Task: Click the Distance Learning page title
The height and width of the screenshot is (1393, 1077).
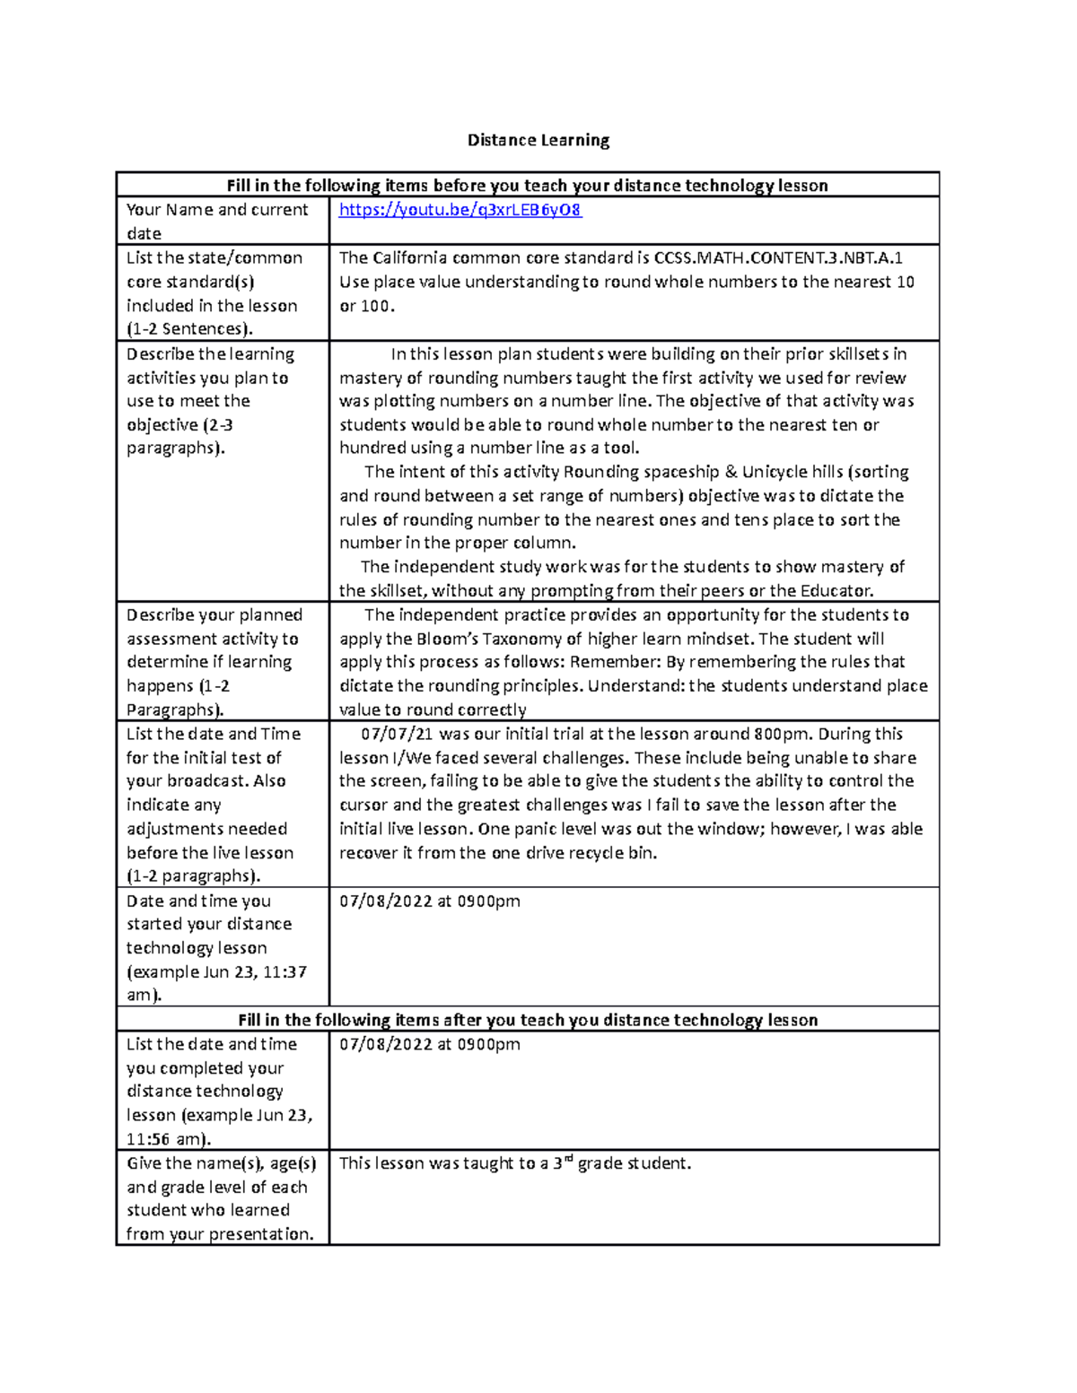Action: (x=538, y=140)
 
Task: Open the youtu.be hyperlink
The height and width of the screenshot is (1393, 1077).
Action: (x=460, y=210)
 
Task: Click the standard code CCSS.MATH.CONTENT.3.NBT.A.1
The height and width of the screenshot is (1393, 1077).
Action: (x=778, y=258)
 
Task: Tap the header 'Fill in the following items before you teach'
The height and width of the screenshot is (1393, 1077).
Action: (x=527, y=186)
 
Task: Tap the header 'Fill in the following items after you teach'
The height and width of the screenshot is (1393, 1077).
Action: (x=527, y=1020)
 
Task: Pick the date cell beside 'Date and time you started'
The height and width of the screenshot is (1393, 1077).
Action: (x=429, y=901)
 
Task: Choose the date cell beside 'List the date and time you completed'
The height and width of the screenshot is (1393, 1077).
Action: (x=429, y=1044)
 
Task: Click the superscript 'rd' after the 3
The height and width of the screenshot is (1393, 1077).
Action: (x=568, y=1159)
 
